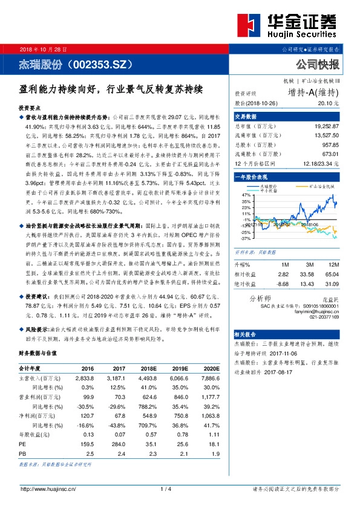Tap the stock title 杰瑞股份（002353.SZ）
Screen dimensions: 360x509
[75, 63]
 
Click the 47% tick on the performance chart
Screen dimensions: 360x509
[246, 195]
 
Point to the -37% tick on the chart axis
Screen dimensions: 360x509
[245, 238]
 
